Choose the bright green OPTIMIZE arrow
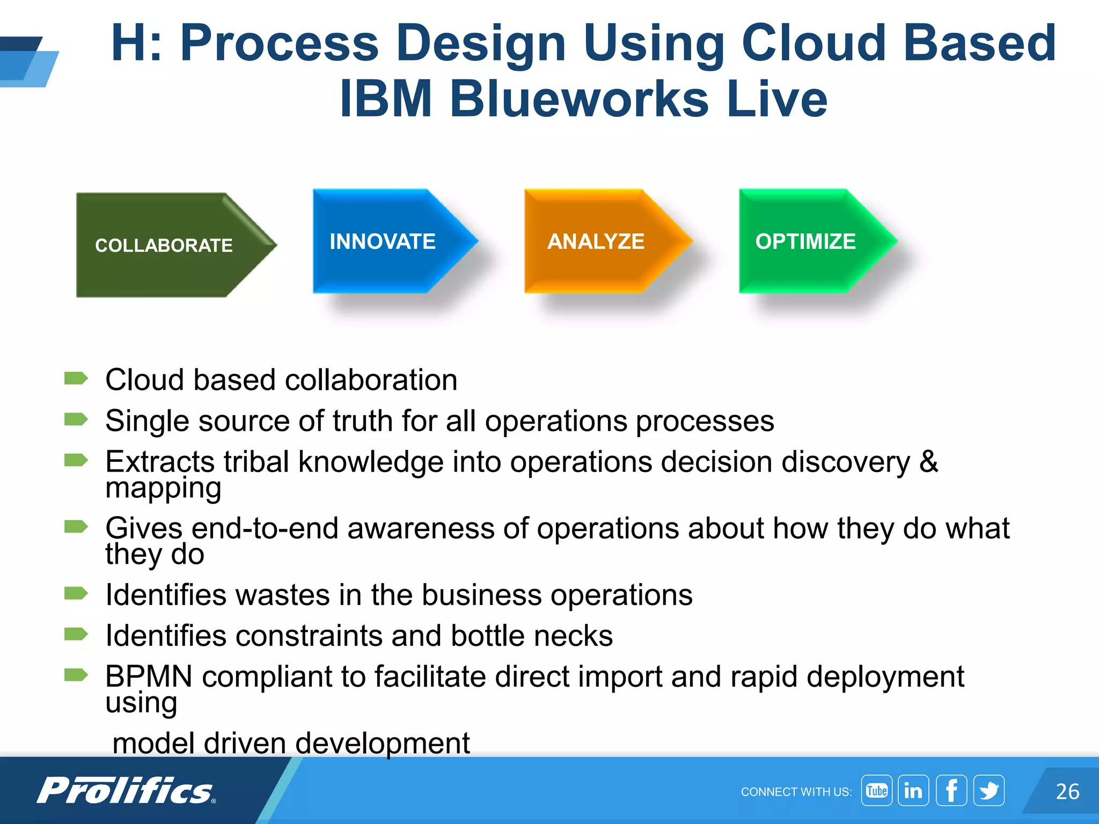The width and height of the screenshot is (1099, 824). coord(807,241)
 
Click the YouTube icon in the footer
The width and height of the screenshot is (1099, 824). coord(876,790)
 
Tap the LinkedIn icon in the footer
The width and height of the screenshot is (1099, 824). coord(913,790)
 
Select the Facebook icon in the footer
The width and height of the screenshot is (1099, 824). coord(951,790)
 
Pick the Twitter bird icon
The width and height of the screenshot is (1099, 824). coord(988,790)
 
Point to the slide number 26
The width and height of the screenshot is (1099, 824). coord(1067,791)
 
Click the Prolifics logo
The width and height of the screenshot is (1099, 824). coord(126,790)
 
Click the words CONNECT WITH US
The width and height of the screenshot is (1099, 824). coord(796,792)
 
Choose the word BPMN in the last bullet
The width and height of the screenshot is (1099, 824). coord(149,676)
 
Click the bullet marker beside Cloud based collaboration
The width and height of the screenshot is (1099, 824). coord(76,379)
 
